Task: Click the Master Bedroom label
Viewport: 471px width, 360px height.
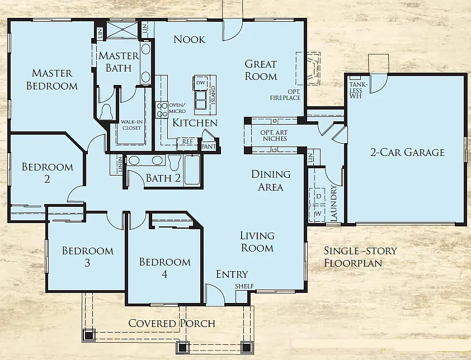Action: [51, 79]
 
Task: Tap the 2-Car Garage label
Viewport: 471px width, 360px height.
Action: [407, 152]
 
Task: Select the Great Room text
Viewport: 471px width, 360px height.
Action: [261, 70]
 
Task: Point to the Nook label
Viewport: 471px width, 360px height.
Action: [189, 39]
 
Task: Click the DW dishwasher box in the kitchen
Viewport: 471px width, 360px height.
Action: [200, 83]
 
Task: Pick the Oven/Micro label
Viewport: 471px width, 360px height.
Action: [177, 108]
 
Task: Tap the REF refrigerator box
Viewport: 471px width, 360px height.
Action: [187, 142]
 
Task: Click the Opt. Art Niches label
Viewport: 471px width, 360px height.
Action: [274, 135]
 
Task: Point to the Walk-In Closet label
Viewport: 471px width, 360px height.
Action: [131, 124]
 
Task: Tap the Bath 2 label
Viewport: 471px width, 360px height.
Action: [163, 178]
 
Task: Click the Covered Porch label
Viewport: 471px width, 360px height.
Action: [172, 324]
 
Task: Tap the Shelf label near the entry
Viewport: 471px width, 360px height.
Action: [244, 287]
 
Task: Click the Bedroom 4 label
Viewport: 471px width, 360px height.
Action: [164, 268]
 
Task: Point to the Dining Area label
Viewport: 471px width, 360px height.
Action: [270, 181]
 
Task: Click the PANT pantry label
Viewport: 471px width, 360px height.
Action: [209, 146]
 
